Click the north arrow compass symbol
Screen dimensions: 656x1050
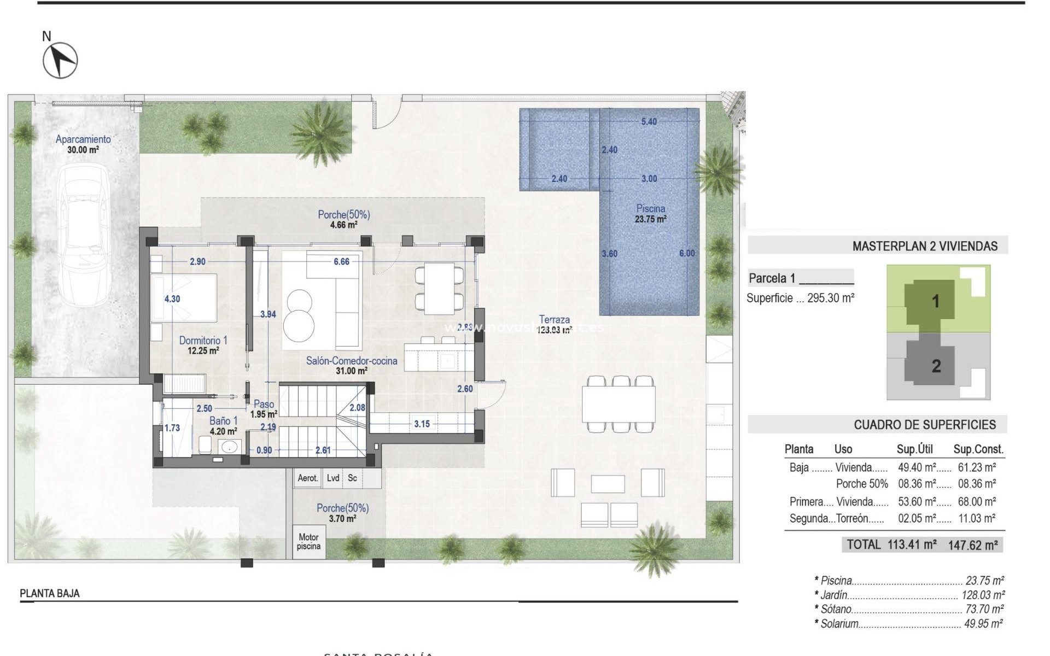(x=60, y=60)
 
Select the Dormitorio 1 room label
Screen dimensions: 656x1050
(x=203, y=341)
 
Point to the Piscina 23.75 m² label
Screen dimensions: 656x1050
(x=650, y=214)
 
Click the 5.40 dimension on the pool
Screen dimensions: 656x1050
(x=649, y=122)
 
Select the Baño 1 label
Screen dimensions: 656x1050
(x=223, y=421)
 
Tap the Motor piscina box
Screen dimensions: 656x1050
(x=308, y=542)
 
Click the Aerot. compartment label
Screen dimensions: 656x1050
(x=307, y=478)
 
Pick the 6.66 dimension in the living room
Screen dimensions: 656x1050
(x=341, y=262)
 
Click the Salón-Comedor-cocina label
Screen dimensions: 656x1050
(x=351, y=361)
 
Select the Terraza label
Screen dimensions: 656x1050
(x=554, y=320)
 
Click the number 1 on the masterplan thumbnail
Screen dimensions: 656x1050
(x=935, y=301)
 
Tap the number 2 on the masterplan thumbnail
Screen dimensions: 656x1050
(x=936, y=366)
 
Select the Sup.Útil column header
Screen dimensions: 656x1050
(x=914, y=449)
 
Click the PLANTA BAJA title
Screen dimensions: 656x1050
(x=50, y=593)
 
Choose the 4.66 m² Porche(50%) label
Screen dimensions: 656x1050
(x=343, y=219)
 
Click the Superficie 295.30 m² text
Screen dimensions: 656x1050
(x=800, y=298)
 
